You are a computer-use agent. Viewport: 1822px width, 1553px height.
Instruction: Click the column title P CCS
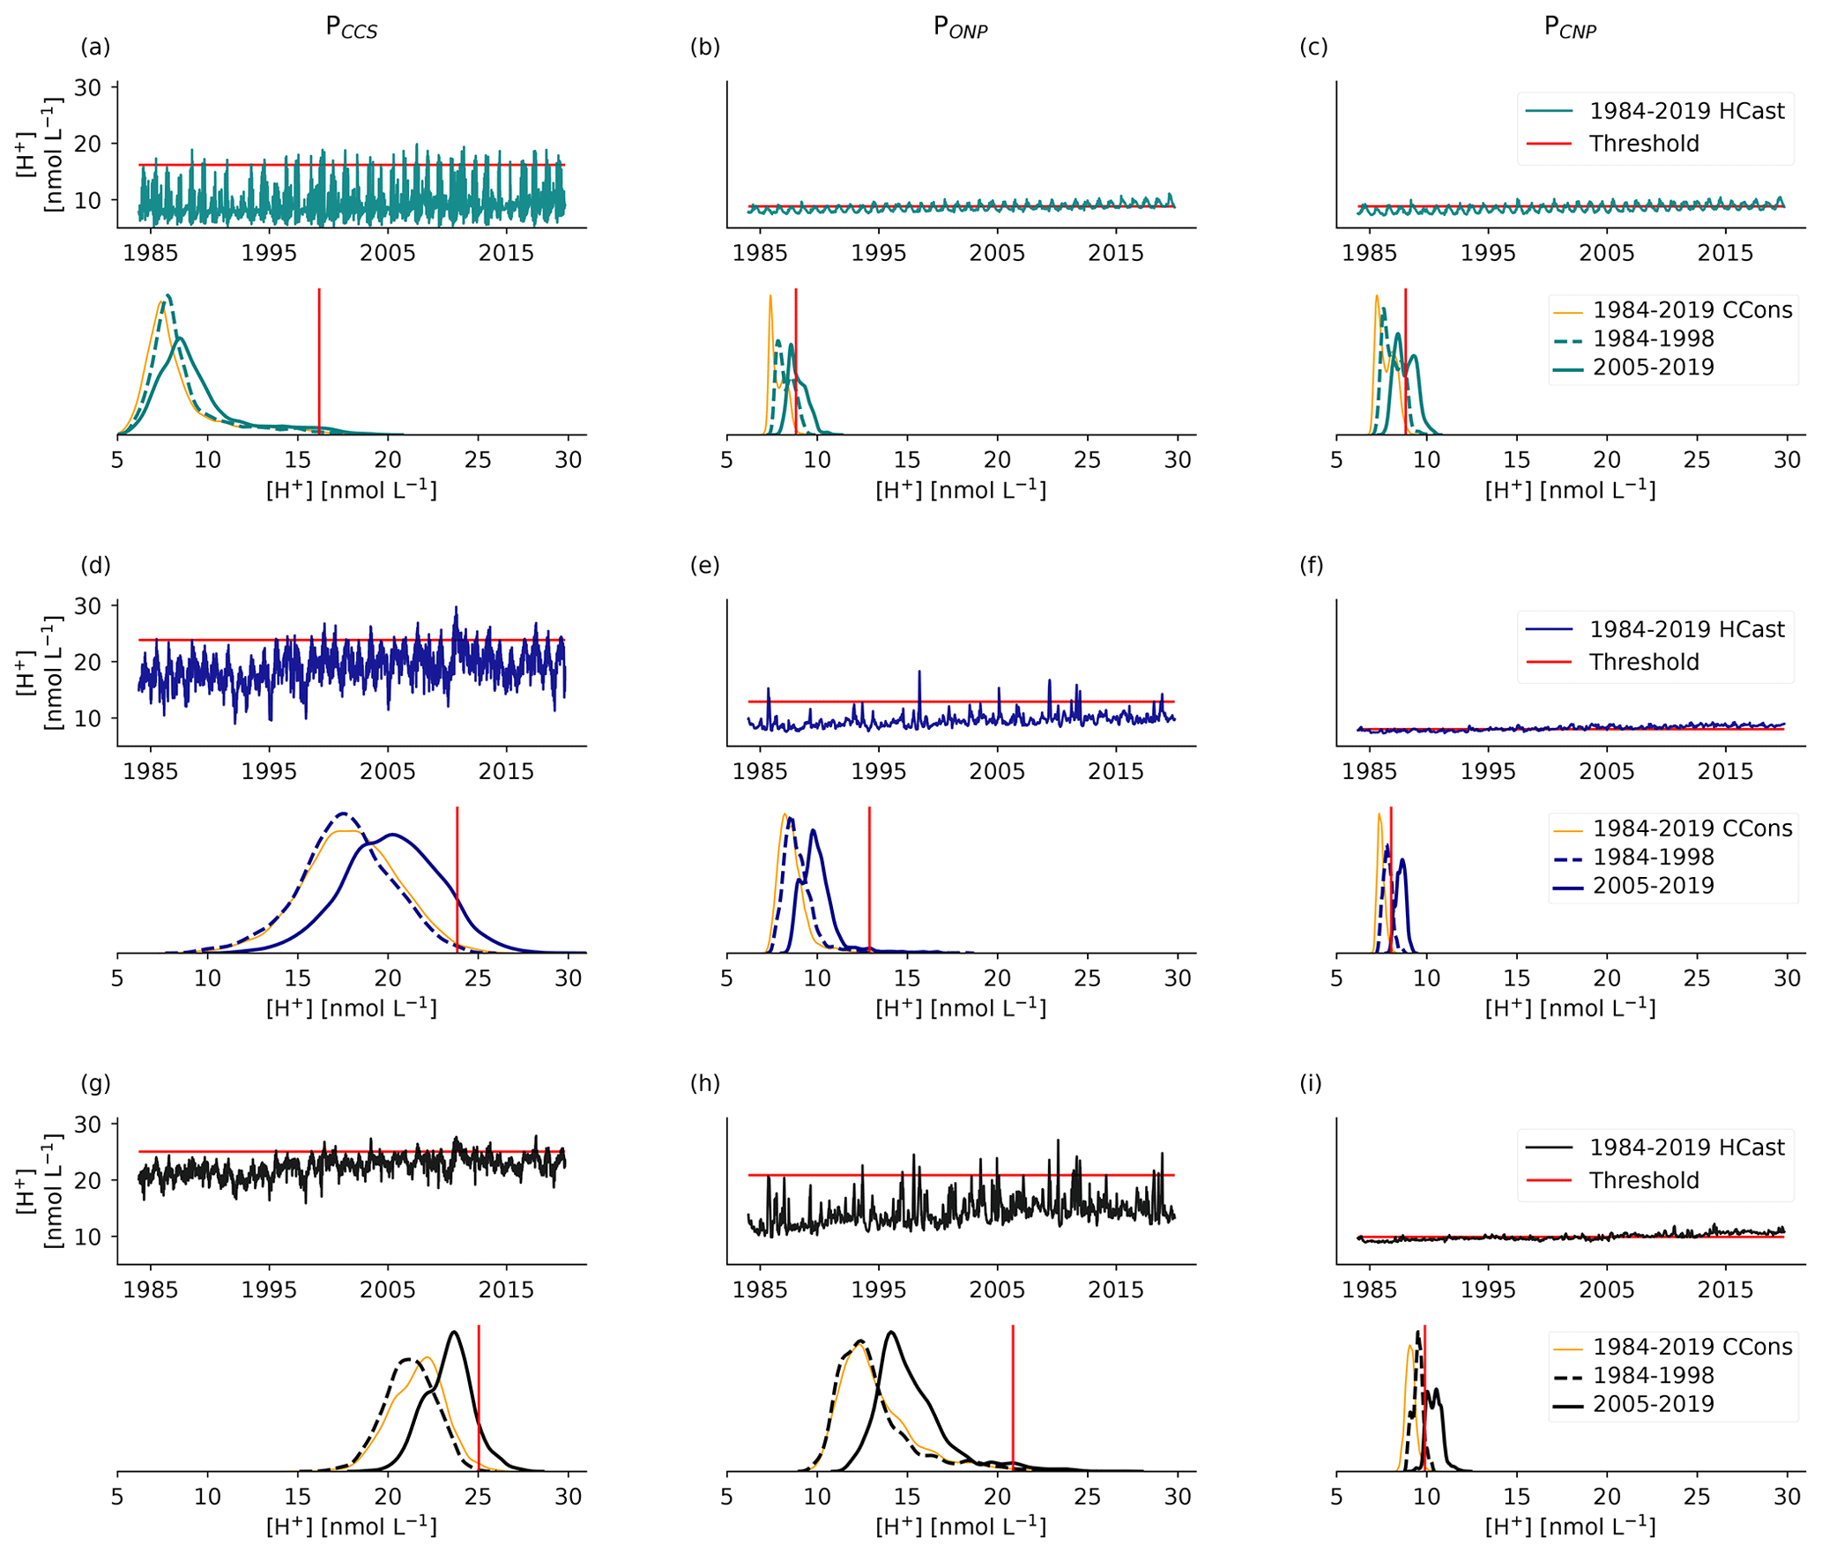351,28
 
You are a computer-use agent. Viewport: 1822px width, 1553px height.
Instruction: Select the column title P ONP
960,28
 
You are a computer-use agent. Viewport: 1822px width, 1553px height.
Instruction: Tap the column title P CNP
1570,28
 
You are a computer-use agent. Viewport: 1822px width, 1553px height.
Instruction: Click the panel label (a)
95,48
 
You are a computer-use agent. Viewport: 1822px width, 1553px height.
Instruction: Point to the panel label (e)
704,566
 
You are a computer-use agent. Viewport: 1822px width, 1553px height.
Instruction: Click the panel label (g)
95,1084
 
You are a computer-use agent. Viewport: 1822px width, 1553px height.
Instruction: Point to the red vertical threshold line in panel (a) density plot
319,361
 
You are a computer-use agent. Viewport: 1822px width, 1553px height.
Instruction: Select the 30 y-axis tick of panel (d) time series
88,606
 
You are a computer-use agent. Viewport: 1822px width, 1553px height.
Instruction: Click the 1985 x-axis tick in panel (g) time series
151,1290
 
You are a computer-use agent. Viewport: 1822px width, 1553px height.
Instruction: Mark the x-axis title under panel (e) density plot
960,1008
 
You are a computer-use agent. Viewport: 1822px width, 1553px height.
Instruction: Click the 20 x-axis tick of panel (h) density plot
997,1497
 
